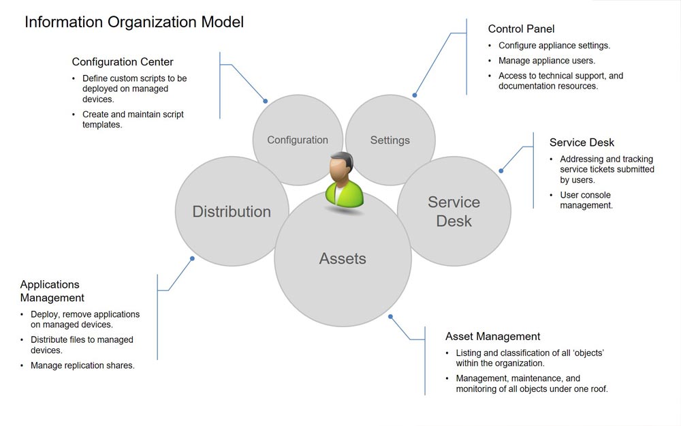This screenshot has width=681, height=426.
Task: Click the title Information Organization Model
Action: click(x=134, y=22)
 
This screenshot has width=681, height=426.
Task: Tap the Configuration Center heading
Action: click(x=123, y=62)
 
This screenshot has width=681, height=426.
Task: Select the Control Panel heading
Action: click(x=521, y=29)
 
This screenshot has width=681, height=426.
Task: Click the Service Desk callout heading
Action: click(x=582, y=142)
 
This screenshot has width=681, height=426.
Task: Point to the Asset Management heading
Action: click(x=492, y=336)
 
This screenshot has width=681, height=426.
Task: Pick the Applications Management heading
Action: click(x=52, y=291)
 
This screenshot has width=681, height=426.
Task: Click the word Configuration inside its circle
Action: click(x=298, y=140)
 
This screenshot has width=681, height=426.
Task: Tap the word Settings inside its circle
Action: click(x=390, y=140)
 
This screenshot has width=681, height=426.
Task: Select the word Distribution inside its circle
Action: click(x=232, y=211)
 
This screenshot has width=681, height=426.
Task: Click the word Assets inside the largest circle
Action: click(x=343, y=258)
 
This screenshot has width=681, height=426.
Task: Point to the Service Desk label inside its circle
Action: click(x=454, y=211)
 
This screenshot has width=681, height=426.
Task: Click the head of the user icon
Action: click(x=340, y=166)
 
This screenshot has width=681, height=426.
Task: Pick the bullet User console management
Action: click(x=586, y=200)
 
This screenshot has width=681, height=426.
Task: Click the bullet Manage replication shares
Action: click(x=82, y=365)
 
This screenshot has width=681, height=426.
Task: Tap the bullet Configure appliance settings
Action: click(x=554, y=46)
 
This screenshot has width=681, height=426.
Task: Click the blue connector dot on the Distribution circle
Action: click(x=193, y=258)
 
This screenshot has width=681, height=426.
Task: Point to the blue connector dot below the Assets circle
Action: click(x=390, y=316)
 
